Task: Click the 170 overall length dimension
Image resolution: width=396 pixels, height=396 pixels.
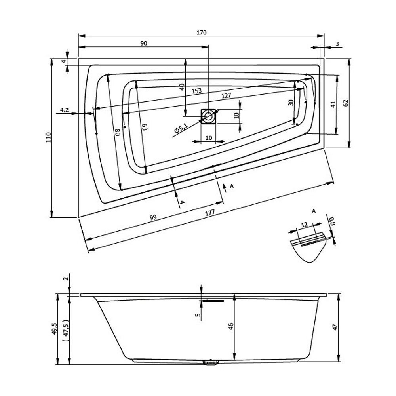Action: [201, 32]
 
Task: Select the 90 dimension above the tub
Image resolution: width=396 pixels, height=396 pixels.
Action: [143, 43]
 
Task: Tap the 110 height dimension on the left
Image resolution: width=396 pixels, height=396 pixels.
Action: [48, 137]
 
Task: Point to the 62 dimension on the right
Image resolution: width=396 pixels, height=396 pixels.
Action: [346, 103]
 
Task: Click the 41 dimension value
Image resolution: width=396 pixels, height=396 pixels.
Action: [333, 104]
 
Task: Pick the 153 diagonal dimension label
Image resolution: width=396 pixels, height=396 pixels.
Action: [196, 91]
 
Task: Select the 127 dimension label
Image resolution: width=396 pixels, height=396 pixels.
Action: [226, 95]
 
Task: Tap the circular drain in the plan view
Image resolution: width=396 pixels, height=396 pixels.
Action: [208, 116]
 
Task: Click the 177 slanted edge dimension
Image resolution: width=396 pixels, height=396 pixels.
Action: [210, 213]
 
